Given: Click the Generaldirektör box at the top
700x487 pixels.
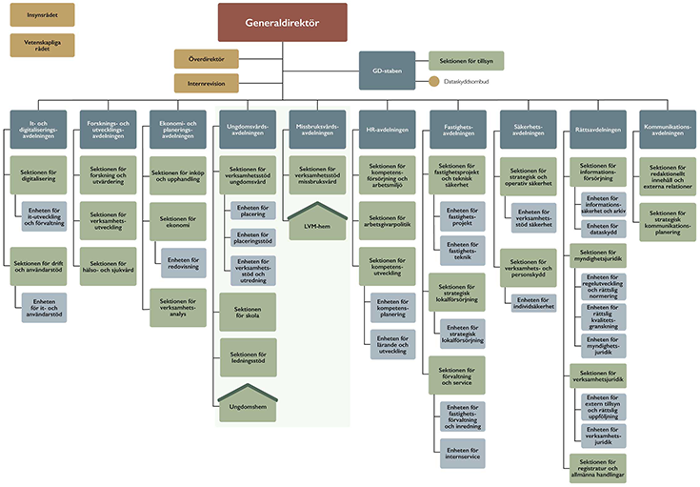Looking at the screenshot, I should (x=282, y=22).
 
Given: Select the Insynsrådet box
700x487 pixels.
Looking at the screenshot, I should (x=42, y=14).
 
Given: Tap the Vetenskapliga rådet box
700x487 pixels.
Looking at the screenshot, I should (x=42, y=45).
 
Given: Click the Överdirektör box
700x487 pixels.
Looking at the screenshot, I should (x=207, y=58).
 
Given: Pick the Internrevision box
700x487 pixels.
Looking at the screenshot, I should (x=207, y=84).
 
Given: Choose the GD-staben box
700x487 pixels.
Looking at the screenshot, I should (x=387, y=71).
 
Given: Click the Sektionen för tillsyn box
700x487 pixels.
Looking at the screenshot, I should (x=466, y=61).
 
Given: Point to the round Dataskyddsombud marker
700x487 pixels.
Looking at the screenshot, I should (x=434, y=82).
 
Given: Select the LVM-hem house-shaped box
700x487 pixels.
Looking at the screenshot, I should (x=317, y=224).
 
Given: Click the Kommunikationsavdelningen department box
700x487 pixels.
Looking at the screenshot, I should (x=666, y=129).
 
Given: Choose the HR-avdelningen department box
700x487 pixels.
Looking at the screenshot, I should (x=387, y=129).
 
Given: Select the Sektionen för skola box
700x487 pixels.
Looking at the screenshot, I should (x=248, y=312).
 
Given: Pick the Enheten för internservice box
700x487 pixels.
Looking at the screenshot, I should (x=462, y=453).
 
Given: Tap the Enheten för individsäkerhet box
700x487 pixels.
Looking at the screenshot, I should (x=532, y=302).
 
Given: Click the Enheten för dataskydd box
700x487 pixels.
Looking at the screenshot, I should (x=604, y=231).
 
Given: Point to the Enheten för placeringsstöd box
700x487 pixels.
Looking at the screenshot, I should (x=253, y=237).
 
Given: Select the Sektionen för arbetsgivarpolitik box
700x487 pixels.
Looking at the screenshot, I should (x=387, y=220).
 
